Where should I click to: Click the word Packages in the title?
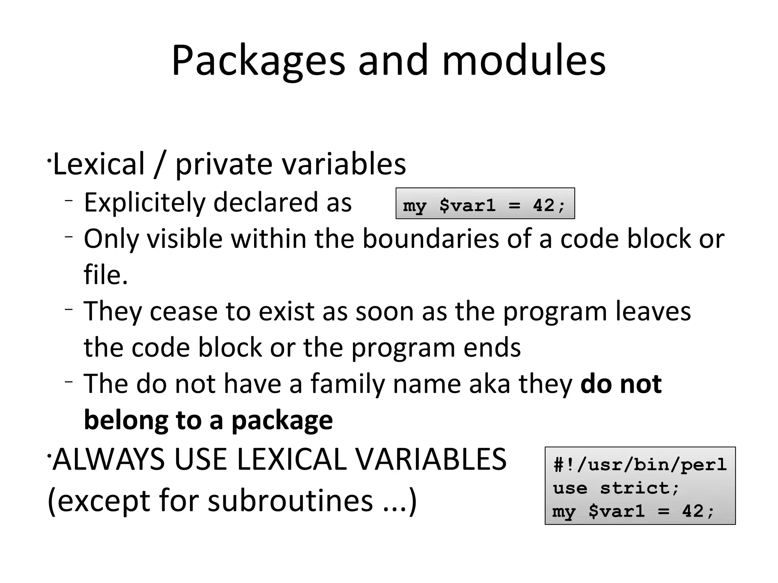coord(258,61)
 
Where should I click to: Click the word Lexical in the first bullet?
coord(99,164)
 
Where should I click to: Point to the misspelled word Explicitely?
coord(144,203)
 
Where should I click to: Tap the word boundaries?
coord(430,239)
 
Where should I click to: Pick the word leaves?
coord(653,311)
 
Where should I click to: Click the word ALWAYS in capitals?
coord(109,459)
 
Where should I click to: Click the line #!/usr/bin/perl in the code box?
coord(640,465)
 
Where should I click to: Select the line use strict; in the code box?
coord(615,488)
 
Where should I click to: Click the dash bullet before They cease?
coord(68,309)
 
